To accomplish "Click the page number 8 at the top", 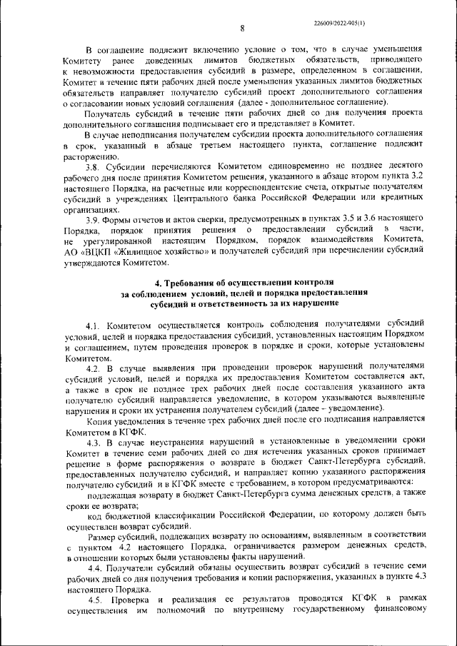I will pos(242,29).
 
